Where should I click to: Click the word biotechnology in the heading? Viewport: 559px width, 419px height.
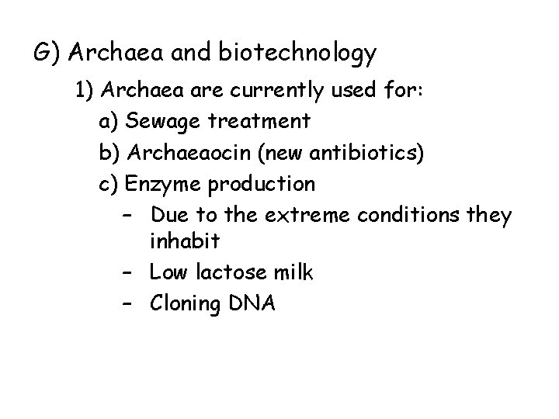pyautogui.click(x=298, y=54)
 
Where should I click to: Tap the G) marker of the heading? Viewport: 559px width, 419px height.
pyautogui.click(x=47, y=54)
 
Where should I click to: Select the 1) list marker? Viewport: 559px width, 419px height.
pyautogui.click(x=85, y=90)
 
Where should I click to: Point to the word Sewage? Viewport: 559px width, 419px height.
pyautogui.click(x=159, y=122)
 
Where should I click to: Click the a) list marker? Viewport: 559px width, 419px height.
pyautogui.click(x=109, y=122)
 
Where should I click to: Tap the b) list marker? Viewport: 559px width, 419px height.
pyautogui.click(x=109, y=153)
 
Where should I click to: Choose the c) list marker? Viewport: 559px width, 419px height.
pyautogui.click(x=109, y=184)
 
